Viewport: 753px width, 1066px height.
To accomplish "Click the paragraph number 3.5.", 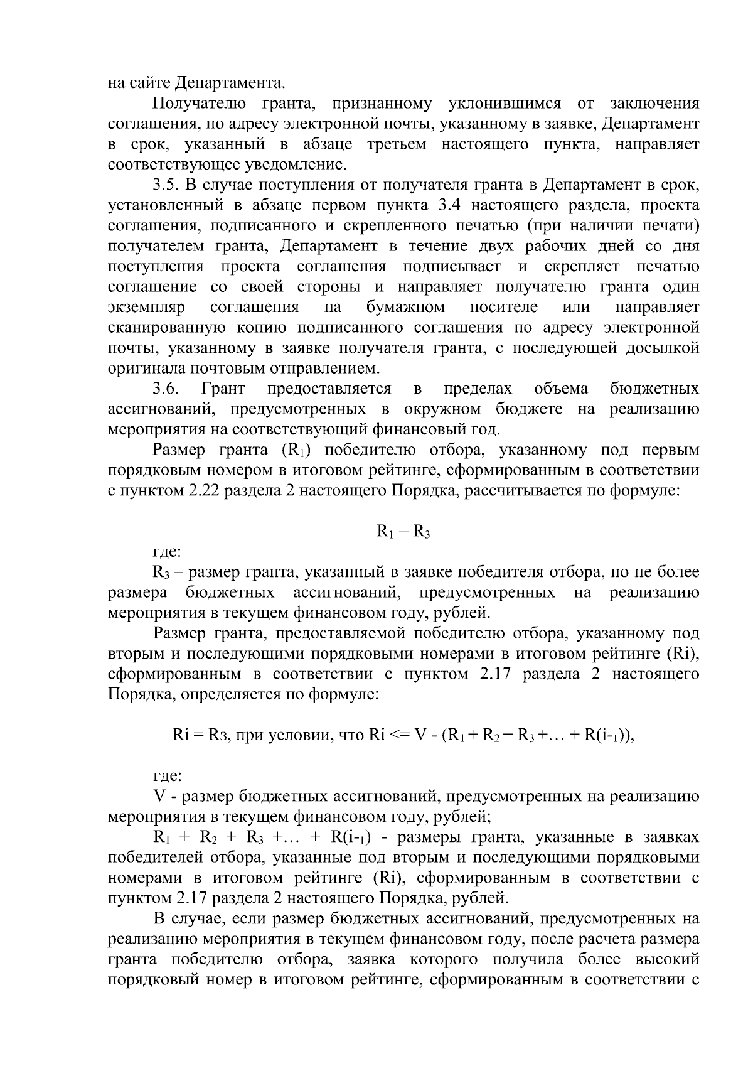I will [166, 185].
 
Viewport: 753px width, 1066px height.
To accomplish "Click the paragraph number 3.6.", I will [166, 389].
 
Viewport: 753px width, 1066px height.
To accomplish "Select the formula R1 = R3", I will [403, 532].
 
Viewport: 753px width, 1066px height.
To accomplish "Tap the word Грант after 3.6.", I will [223, 389].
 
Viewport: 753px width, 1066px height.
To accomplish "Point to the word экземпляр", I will [147, 308].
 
